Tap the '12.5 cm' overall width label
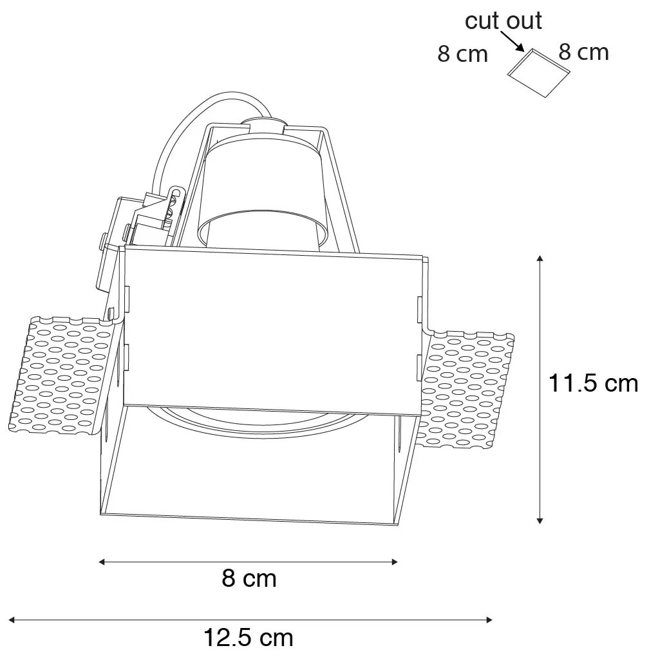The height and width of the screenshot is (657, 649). point(249,638)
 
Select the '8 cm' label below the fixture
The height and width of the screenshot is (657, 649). point(249,578)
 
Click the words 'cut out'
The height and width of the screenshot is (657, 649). point(503,21)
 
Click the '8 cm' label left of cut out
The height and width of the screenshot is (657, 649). point(463,54)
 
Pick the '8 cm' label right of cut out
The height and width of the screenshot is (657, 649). point(583,52)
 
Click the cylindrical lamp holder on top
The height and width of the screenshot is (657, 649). point(264,187)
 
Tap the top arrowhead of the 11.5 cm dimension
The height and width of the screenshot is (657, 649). point(540,259)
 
